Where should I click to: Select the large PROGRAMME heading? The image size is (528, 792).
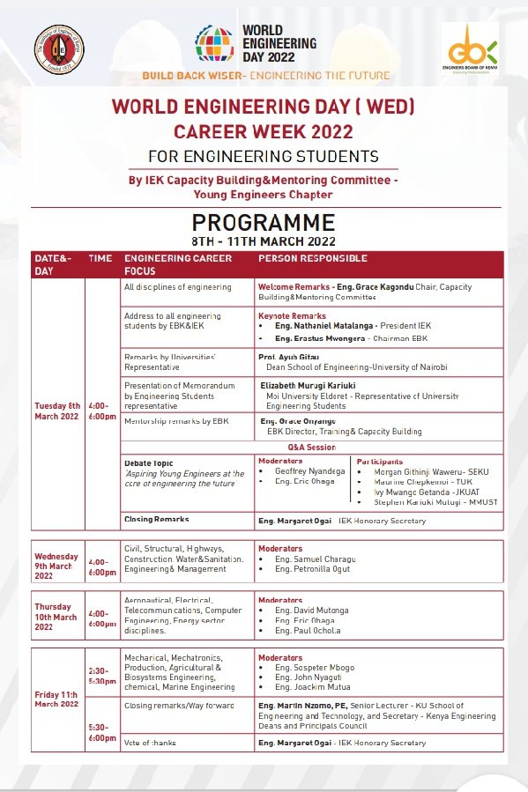[264, 222]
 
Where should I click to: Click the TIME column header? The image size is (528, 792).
[100, 258]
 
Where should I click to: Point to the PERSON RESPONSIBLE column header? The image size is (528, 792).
[313, 258]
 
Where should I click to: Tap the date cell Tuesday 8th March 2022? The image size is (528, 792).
[57, 411]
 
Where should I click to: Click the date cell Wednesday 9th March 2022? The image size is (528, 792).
[57, 566]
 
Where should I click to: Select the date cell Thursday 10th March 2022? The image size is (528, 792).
[57, 617]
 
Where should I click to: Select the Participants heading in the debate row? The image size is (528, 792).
[380, 461]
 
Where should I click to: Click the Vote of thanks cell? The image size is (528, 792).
[150, 742]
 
